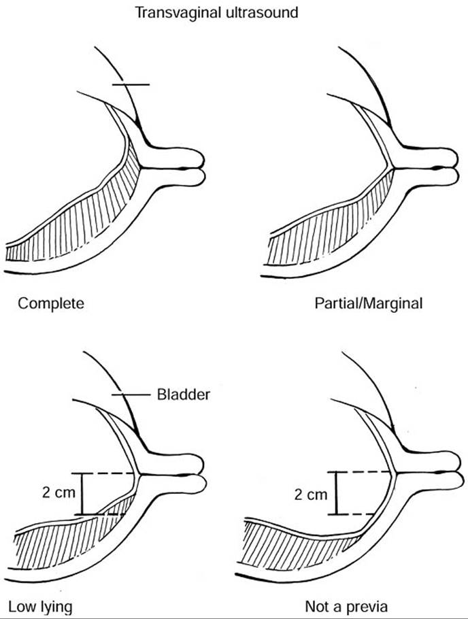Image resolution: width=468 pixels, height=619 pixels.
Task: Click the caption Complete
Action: pos(51,303)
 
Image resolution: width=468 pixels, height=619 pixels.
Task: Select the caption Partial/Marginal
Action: pos(368,303)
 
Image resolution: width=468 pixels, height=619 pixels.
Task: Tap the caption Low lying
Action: pos(40,605)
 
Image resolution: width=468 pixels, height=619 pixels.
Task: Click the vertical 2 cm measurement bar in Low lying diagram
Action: pos(82,494)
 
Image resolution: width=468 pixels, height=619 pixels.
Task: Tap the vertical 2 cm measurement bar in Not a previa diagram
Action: pos(335,492)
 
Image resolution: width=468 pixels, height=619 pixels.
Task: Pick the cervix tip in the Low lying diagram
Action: pos(201,473)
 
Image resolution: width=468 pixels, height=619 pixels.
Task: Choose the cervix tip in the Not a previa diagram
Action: pos(454,472)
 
